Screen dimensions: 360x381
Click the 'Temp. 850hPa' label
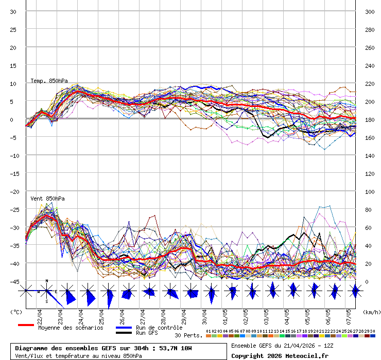(x=49, y=81)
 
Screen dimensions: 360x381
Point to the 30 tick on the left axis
(x=13, y=11)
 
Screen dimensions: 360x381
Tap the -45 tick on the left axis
(x=13, y=281)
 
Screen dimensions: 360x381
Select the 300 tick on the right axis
(x=369, y=11)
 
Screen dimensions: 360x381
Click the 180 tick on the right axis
(x=369, y=119)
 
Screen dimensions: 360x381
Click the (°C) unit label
(x=16, y=312)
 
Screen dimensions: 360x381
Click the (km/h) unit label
(x=371, y=312)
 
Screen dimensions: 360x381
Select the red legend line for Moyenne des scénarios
(x=26, y=325)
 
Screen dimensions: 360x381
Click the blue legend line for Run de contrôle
(x=124, y=328)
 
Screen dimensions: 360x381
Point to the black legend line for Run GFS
(x=124, y=333)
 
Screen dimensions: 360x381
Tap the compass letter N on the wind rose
(x=47, y=281)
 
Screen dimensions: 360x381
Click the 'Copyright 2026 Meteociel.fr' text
(x=280, y=355)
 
